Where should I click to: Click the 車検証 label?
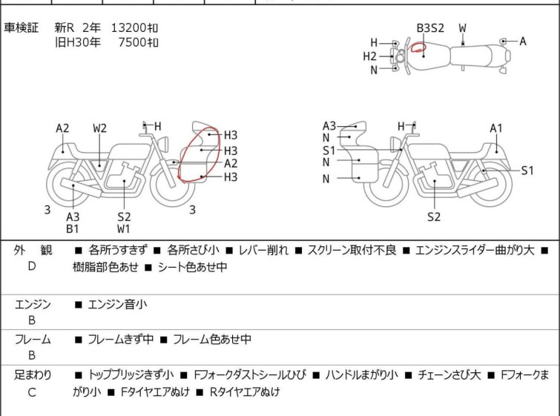click(21, 27)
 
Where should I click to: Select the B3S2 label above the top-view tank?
click(430, 28)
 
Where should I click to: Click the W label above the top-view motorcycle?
click(463, 28)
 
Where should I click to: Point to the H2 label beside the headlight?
click(369, 56)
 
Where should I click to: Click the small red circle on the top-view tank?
click(418, 47)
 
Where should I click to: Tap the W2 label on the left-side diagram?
click(99, 128)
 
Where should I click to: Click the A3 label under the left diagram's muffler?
click(73, 217)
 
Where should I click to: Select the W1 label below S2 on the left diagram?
click(124, 229)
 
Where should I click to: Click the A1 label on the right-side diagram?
click(496, 128)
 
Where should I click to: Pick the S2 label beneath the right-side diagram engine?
click(434, 217)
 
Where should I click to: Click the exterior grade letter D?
click(32, 266)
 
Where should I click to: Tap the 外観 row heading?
click(33, 251)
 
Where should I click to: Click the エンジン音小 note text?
click(117, 305)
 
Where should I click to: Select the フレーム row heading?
click(33, 340)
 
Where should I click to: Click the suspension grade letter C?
click(32, 392)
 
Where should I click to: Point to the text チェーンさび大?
click(449, 375)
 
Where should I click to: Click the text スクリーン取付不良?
click(352, 251)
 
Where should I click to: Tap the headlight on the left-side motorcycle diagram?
click(163, 144)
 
